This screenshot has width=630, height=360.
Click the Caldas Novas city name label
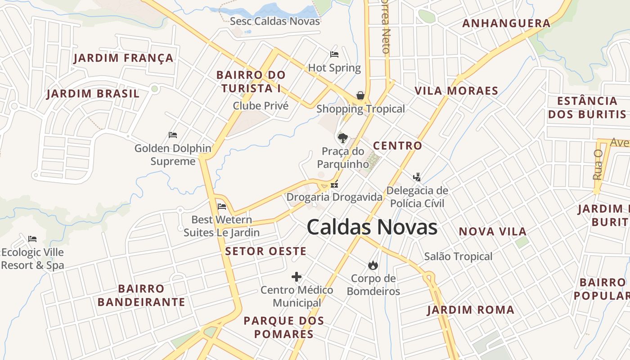click(x=372, y=227)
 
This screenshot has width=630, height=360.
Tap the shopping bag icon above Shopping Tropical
click(x=360, y=95)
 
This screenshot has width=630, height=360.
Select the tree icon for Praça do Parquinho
click(x=343, y=138)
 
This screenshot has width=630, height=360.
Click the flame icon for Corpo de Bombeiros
click(x=373, y=265)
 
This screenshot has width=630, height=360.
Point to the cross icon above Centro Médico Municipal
click(x=297, y=277)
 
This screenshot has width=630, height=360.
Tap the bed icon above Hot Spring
click(x=334, y=54)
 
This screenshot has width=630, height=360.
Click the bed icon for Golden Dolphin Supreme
click(x=173, y=135)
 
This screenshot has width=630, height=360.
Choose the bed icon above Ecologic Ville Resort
click(x=32, y=238)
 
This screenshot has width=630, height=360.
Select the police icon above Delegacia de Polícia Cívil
click(x=417, y=176)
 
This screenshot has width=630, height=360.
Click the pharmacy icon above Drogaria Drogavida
click(x=334, y=184)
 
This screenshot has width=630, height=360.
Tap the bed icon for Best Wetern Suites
click(x=221, y=207)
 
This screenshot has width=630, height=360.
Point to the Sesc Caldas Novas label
click(x=275, y=21)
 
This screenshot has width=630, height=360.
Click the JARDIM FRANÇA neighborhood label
click(x=124, y=58)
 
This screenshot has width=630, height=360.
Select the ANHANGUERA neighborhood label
click(x=506, y=23)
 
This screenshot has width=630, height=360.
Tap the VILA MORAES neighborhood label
click(x=456, y=91)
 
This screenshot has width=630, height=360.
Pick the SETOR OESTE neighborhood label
click(x=265, y=251)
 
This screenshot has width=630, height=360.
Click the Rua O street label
click(x=598, y=165)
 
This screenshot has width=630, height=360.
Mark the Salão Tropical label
click(x=458, y=256)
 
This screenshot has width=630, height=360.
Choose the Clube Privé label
click(x=261, y=106)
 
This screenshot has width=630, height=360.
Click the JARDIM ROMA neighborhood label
click(x=471, y=310)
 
